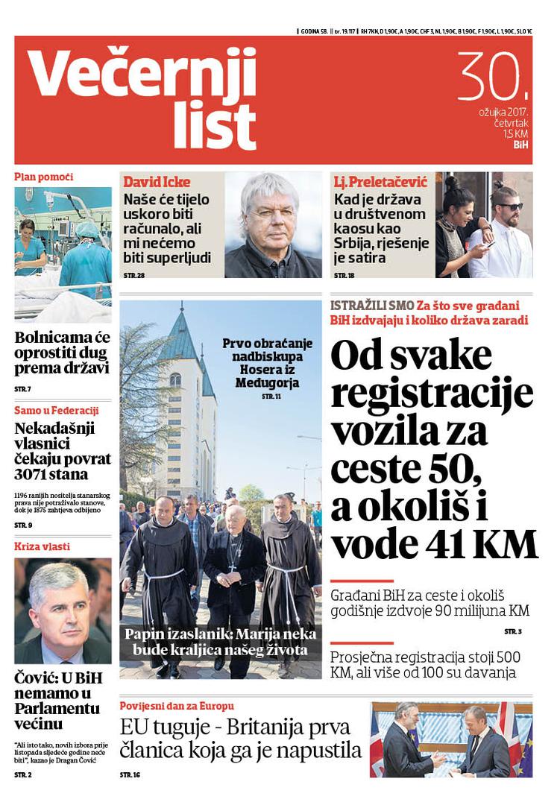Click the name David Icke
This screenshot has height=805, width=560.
tap(157, 183)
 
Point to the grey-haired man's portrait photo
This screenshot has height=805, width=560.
tap(272, 224)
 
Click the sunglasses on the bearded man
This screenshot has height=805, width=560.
tap(510, 206)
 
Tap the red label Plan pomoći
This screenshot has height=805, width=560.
tap(43, 177)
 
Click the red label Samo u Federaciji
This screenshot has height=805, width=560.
tap(57, 410)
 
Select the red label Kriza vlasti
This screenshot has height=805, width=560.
tap(43, 546)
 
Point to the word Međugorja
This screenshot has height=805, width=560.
tap(268, 384)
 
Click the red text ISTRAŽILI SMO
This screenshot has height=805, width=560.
tap(371, 306)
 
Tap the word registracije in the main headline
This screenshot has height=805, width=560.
tap(432, 394)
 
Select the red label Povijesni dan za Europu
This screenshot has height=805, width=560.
tap(177, 705)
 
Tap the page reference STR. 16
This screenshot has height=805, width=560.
tap(130, 775)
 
